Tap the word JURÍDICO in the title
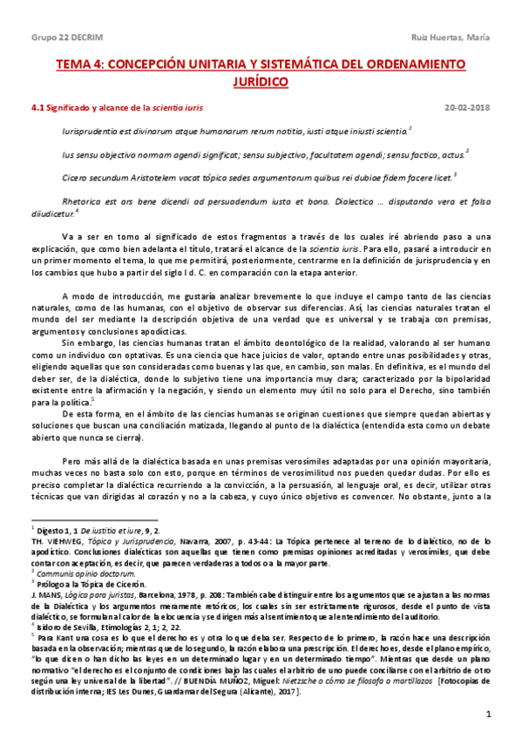(x=261, y=81)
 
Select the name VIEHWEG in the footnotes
(x=62, y=539)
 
